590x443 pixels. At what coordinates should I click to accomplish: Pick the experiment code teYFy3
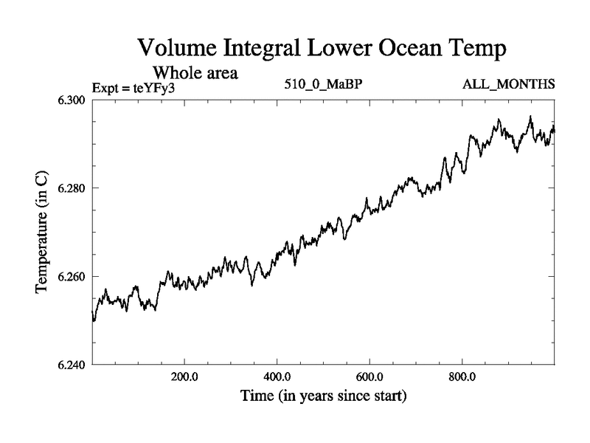click(156, 88)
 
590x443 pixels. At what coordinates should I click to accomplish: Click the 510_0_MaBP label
click(323, 86)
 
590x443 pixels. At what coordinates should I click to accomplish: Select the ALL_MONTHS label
click(508, 86)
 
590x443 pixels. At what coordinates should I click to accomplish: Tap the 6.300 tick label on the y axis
click(72, 100)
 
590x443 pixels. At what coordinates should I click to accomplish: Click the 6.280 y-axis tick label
click(72, 188)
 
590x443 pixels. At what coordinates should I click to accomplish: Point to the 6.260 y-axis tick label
click(72, 277)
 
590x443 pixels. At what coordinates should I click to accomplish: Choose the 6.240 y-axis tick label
click(72, 365)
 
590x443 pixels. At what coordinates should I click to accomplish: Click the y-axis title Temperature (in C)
click(43, 232)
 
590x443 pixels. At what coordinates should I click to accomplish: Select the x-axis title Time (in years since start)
click(322, 396)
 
